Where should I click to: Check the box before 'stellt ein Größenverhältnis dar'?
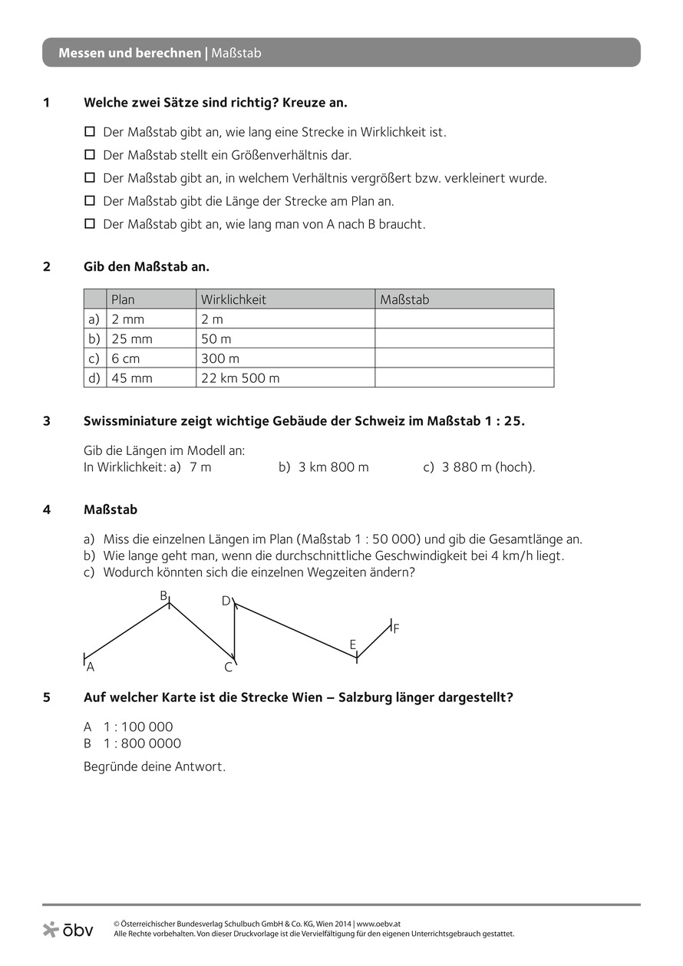click(x=89, y=155)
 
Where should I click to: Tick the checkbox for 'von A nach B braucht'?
click(x=89, y=224)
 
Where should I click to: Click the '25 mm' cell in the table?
click(x=132, y=338)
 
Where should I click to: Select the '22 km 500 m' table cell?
click(x=240, y=377)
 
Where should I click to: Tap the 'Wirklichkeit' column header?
click(x=233, y=299)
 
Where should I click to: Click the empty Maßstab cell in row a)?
click(x=464, y=319)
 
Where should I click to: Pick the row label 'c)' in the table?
click(x=94, y=358)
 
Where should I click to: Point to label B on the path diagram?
click(x=163, y=595)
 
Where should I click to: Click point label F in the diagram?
click(x=396, y=628)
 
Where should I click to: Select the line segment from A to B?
click(x=127, y=631)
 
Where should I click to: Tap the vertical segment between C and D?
click(x=235, y=631)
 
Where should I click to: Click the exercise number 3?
click(x=47, y=420)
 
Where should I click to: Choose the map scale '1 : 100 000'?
click(x=138, y=727)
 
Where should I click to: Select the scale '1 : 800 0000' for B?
click(x=142, y=743)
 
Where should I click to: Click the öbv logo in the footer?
click(x=68, y=930)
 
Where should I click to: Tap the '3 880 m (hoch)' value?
click(x=488, y=467)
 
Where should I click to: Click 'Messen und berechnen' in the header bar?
click(x=130, y=53)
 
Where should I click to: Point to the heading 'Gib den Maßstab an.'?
click(x=146, y=266)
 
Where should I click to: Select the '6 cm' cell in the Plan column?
click(x=126, y=358)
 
